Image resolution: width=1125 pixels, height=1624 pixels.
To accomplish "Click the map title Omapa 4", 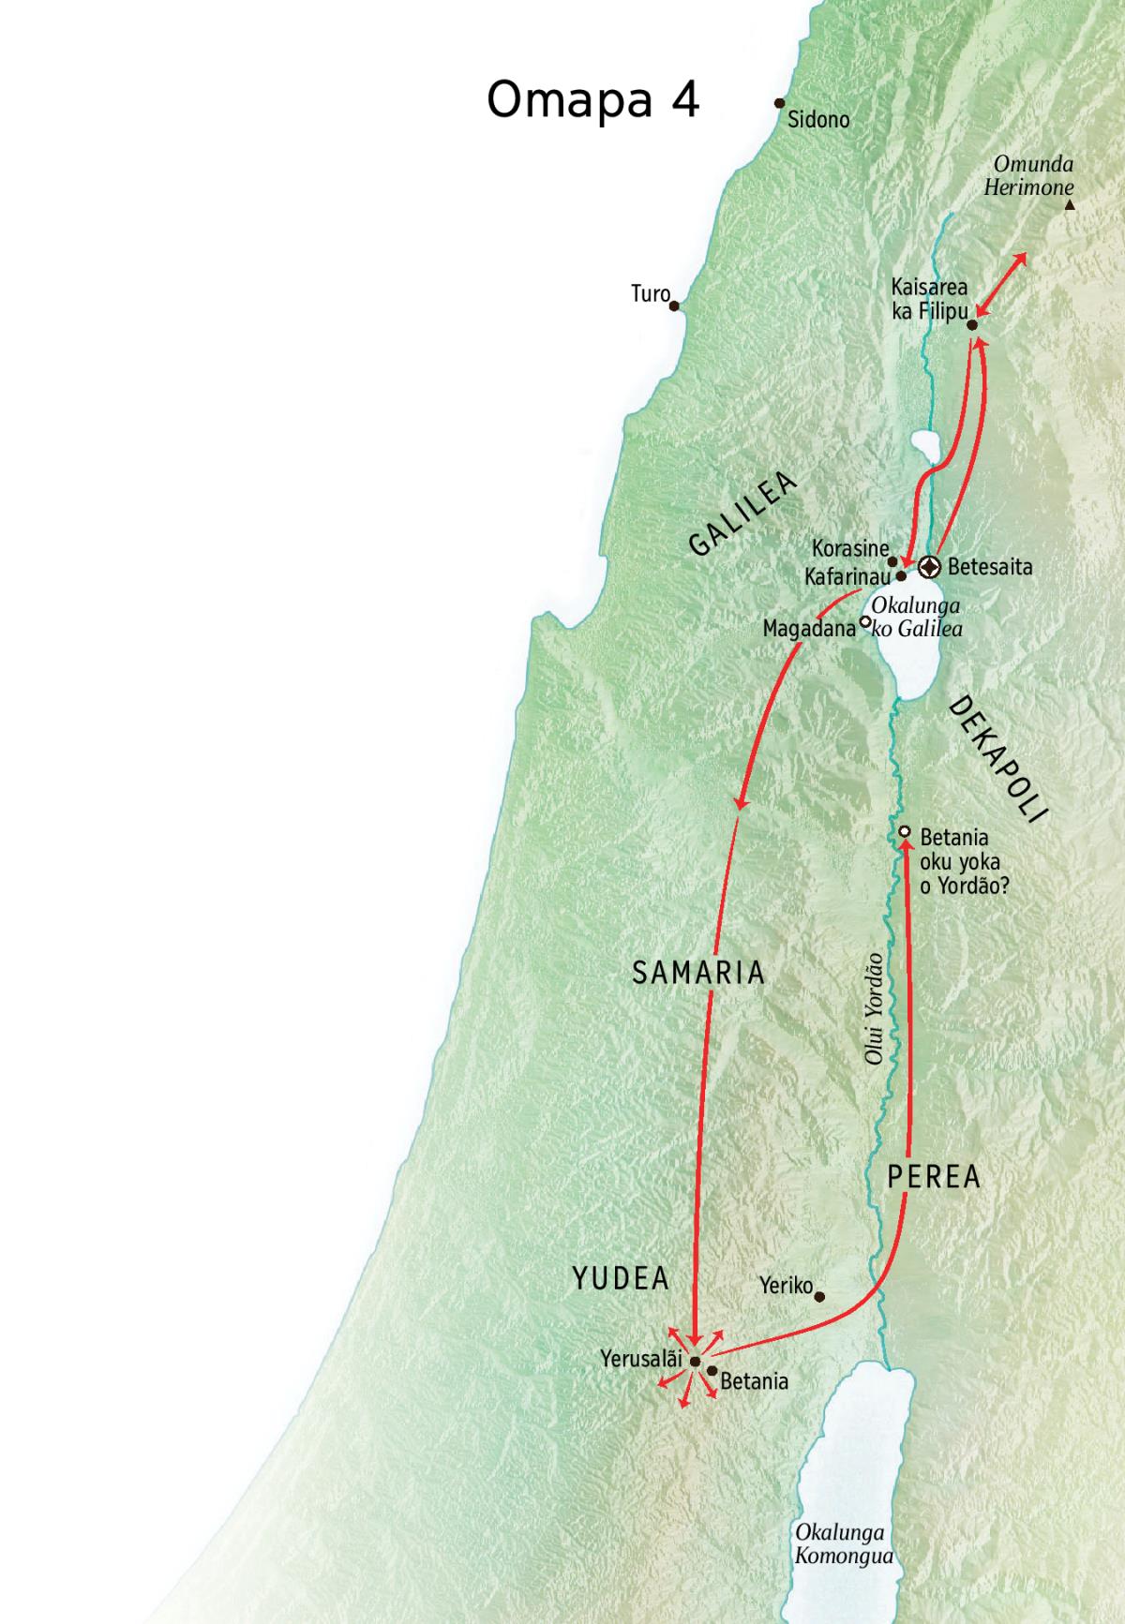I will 592,99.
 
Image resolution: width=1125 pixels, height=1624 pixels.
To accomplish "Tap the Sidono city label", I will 818,120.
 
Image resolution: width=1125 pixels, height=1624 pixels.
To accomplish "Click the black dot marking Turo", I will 674,305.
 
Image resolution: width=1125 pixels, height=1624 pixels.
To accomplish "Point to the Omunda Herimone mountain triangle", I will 1070,204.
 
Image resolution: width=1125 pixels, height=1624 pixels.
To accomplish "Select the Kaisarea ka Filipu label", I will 929,299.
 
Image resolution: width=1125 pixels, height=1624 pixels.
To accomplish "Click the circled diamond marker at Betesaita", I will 928,567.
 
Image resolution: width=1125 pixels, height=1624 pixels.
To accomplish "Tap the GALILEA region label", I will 742,514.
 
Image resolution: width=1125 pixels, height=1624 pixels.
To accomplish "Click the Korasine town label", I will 849,549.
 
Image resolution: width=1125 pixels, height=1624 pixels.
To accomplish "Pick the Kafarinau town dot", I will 901,577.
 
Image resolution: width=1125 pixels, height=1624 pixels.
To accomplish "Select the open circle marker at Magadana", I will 865,621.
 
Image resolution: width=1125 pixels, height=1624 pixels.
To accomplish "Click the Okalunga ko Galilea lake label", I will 916,618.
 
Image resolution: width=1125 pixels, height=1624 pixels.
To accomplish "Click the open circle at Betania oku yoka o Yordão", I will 905,832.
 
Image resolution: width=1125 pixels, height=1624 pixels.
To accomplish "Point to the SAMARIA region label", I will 698,973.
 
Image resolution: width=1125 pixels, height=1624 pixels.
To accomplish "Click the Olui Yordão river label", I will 874,1008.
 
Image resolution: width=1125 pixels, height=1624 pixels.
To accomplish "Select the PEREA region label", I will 934,1176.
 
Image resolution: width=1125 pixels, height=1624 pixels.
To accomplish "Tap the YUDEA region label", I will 621,1278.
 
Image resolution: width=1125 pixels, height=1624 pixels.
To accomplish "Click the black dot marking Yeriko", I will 819,1298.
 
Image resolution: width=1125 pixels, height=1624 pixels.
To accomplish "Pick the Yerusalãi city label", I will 640,1359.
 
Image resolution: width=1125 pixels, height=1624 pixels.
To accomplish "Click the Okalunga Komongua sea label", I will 841,1545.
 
